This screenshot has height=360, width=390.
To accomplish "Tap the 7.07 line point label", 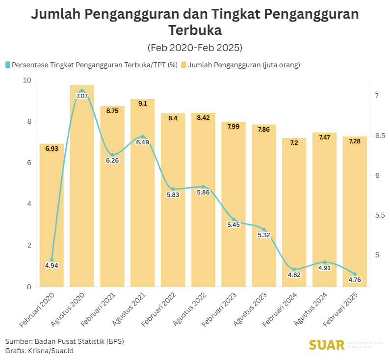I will click(x=82, y=96).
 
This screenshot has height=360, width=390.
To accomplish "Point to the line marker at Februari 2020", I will click(x=52, y=260).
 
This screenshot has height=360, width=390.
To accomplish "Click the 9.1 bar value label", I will click(x=143, y=104).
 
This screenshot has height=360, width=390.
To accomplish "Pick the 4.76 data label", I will click(x=355, y=280).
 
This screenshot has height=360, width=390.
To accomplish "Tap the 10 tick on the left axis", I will click(x=27, y=80).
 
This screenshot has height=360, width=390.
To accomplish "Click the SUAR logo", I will click(x=327, y=345).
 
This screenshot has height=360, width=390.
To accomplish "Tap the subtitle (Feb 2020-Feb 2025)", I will click(x=195, y=48).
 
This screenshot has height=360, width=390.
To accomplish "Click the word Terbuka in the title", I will click(x=195, y=30).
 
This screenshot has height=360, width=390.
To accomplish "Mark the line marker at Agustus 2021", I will click(x=143, y=137).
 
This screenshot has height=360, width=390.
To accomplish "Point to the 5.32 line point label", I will click(x=264, y=235).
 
